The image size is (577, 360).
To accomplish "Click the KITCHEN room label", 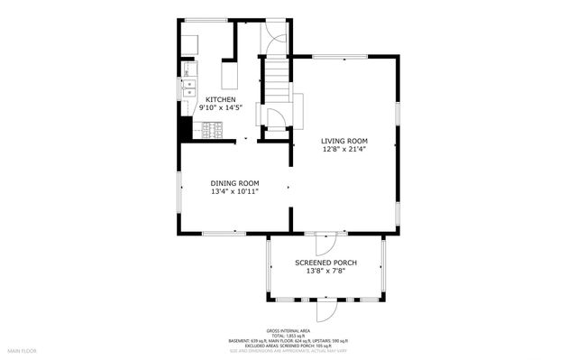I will pos(221,99).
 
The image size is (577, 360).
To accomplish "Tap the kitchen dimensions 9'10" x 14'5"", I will pos(221,108).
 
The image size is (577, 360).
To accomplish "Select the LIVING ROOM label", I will pos(345,140).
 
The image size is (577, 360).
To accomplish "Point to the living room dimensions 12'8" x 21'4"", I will pos(345,149).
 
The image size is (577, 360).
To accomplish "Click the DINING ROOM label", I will pos(234,182).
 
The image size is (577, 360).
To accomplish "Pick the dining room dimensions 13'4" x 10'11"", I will pos(234,191).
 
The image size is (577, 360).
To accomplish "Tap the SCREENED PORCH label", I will pos(326,263).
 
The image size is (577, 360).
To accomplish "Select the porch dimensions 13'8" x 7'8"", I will pos(326,272).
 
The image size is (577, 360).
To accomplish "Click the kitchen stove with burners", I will pos(212,131).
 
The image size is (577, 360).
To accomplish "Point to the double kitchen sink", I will pos(189,88).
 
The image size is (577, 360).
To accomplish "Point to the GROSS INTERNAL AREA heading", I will pos(288,331).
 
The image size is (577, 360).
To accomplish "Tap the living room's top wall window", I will pos(340,57).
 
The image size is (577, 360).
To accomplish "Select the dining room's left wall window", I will pos(179,192).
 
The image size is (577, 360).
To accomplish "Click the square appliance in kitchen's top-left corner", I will pos(192,42).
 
